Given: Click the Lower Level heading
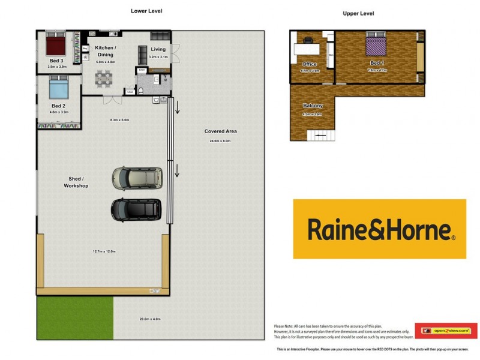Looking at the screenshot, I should tap(146, 11).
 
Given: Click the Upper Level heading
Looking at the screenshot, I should tap(358, 13).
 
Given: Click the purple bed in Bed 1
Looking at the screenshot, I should tap(376, 46).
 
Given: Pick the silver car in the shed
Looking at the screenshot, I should tap(137, 178).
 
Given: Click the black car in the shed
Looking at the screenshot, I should tap(136, 209).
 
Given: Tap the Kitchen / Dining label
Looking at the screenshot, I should tap(106, 51).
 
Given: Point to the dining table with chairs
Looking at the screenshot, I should tap(104, 77).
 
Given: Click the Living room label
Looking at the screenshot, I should tap(158, 49).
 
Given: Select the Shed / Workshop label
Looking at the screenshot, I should tap(76, 182).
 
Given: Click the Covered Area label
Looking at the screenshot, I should tap(220, 131).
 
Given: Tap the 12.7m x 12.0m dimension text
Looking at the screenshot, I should tap(104, 251).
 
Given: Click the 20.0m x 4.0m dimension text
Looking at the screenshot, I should tap(150, 319).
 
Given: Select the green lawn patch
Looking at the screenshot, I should tap(74, 317).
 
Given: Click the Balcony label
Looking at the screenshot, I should tap(313, 106).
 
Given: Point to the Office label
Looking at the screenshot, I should tap(310, 64).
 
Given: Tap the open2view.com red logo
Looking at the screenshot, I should tap(446, 331).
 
